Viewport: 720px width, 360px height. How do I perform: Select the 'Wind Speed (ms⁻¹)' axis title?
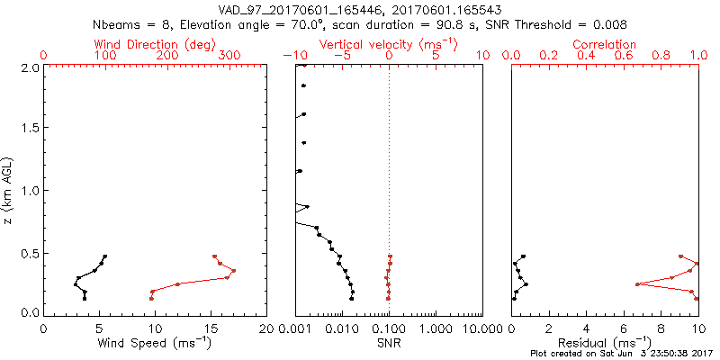coord(156,343)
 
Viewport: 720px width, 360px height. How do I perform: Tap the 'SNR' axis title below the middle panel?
coord(389,343)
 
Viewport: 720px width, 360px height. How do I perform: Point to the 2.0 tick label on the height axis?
coord(29,67)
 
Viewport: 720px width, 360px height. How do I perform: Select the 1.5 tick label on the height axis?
coord(29,129)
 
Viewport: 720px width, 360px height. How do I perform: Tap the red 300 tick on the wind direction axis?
coord(229,56)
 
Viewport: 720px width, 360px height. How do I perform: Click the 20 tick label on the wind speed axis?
coord(266,328)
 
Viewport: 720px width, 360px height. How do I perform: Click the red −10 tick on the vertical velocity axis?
coord(294,56)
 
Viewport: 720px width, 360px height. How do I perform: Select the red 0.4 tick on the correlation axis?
coord(586,56)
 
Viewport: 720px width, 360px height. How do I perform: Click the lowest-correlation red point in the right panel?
coord(637,284)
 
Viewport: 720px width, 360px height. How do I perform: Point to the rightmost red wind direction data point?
coord(234,270)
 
